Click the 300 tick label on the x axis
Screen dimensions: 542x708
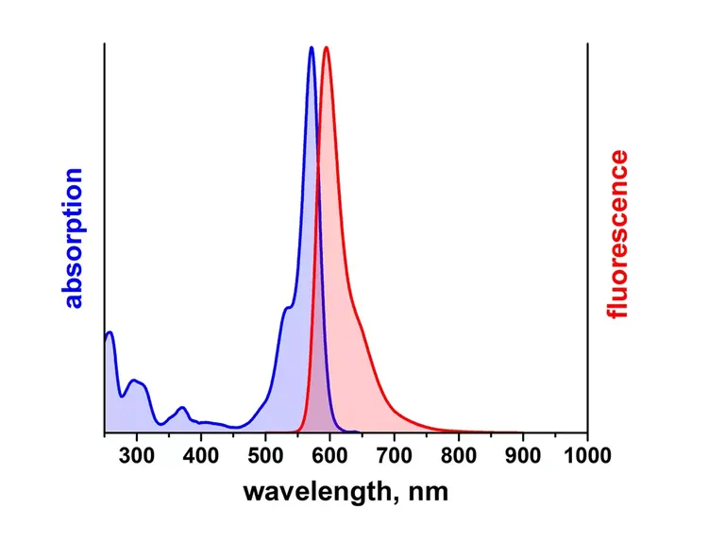point(137,457)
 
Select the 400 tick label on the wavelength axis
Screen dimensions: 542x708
point(201,457)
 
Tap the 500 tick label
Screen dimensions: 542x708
point(265,457)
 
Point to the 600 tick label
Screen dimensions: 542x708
point(329,457)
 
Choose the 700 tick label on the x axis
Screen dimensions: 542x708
point(394,457)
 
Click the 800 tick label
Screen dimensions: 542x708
point(458,457)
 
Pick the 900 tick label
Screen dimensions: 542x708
point(522,457)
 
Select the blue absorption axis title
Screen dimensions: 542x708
point(74,239)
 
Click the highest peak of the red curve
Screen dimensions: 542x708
point(326,47)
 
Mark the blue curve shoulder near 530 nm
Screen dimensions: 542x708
point(286,309)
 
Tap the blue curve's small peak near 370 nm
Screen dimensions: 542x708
point(182,408)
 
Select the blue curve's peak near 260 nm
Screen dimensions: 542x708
point(110,332)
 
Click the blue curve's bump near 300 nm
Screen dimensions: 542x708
point(135,381)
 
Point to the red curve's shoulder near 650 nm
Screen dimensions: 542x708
point(360,327)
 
